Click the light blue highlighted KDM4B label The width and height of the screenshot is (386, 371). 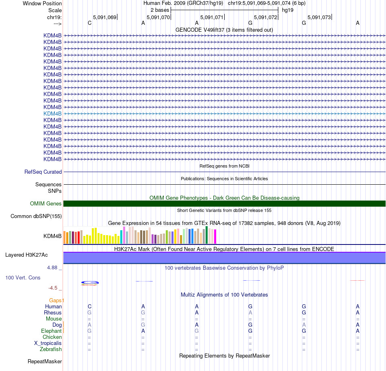[52, 113]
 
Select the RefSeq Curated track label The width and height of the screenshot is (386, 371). [43, 172]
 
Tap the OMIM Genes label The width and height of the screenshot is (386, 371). [46, 204]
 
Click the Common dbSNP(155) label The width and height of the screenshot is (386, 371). [36, 216]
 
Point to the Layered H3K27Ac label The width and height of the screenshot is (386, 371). [26, 255]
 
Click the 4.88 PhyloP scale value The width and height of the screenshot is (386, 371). [53, 268]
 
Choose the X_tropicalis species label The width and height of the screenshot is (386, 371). [48, 343]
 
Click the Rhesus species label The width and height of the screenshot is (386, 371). [53, 313]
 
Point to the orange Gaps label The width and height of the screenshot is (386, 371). [56, 301]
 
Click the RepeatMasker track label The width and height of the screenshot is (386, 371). [45, 361]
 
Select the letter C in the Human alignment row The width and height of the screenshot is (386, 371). [89, 306]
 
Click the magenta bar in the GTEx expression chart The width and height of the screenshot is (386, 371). [215, 236]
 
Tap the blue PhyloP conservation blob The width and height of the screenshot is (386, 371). [90, 282]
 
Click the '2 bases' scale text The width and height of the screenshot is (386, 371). [160, 10]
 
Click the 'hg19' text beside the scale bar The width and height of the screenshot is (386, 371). [288, 10]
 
